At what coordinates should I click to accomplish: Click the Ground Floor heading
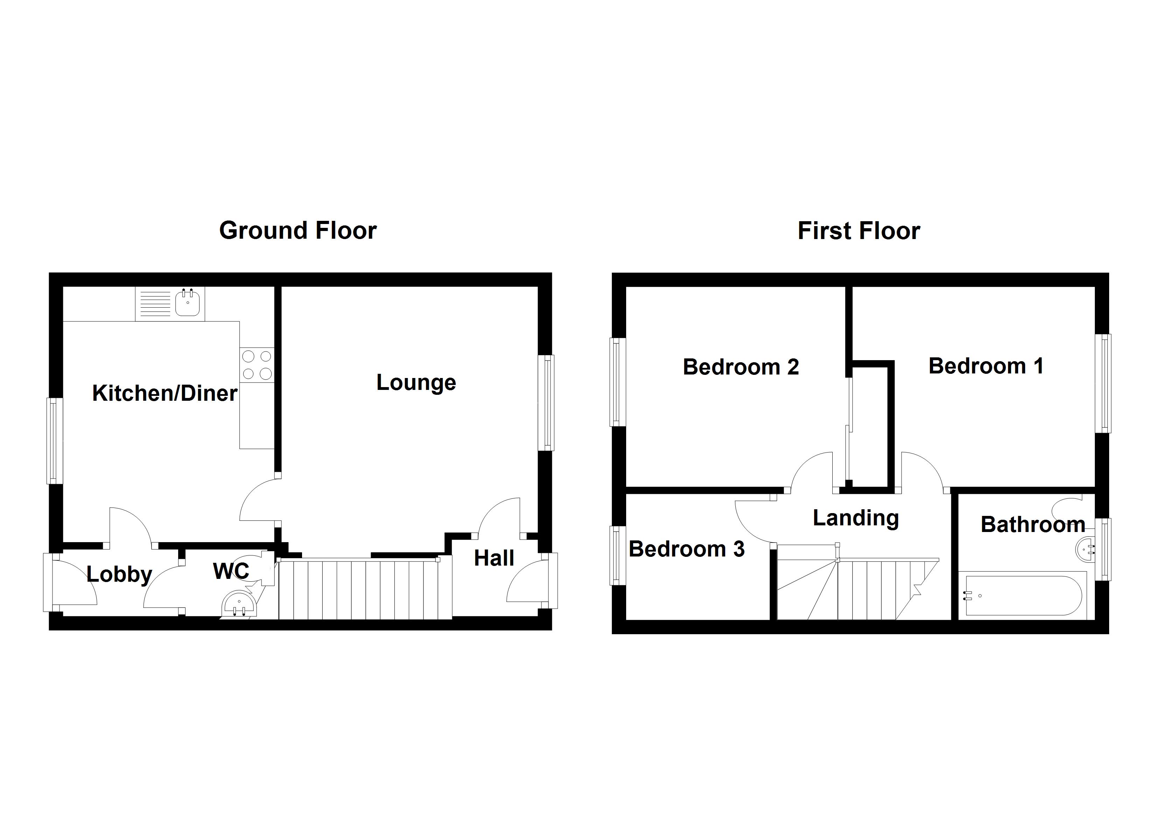click(x=298, y=230)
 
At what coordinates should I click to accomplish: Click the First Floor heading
click(x=859, y=231)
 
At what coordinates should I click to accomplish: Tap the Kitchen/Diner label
click(x=164, y=393)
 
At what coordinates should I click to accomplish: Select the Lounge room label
click(x=416, y=383)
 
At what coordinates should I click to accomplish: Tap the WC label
click(x=231, y=571)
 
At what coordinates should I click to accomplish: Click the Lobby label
click(x=119, y=575)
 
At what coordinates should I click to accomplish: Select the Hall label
click(x=493, y=558)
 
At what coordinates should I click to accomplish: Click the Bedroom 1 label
click(x=986, y=366)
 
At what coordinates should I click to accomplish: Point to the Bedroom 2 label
click(x=741, y=367)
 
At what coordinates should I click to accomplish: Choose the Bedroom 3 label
click(x=686, y=549)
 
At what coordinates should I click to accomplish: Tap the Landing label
click(x=855, y=519)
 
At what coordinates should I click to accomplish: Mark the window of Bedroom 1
click(x=1103, y=383)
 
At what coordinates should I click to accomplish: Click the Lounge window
click(x=546, y=403)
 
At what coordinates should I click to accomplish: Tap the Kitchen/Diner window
click(x=55, y=441)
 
